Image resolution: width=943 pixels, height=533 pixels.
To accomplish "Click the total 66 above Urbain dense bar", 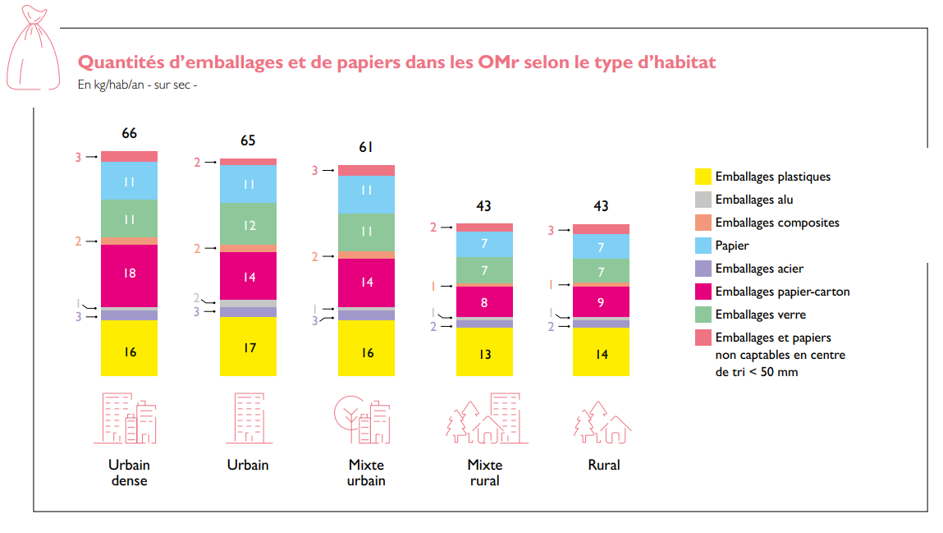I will [129, 134].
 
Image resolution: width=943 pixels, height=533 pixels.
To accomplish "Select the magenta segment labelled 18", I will [129, 274].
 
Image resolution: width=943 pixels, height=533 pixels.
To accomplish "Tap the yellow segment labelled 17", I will [248, 347].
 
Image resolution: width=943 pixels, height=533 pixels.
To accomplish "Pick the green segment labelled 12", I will [248, 224].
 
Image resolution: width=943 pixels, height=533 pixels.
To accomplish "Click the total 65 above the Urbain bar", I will [248, 141].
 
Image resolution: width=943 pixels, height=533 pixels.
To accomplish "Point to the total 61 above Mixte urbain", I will [366, 148].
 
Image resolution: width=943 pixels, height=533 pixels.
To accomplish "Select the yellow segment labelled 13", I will [484, 353].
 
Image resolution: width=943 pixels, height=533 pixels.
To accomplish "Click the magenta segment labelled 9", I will [601, 302].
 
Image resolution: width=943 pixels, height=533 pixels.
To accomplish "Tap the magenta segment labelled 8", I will [484, 302].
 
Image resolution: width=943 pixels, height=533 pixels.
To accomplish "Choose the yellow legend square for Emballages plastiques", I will [703, 177].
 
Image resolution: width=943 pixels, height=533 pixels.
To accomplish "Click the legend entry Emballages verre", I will [760, 315].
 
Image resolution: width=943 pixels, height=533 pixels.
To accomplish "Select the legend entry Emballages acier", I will [759, 269].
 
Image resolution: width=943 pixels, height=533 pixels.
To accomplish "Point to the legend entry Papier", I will [732, 246].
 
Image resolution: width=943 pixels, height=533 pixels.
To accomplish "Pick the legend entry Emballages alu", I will [753, 200].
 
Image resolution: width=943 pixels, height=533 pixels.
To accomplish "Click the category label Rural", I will [604, 465].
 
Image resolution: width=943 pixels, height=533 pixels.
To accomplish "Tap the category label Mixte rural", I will [484, 472].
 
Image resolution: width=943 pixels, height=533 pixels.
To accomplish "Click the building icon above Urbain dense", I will [130, 418].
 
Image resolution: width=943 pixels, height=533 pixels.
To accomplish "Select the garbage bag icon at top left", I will [30, 48].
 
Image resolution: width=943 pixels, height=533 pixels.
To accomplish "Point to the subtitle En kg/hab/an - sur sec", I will [138, 85].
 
